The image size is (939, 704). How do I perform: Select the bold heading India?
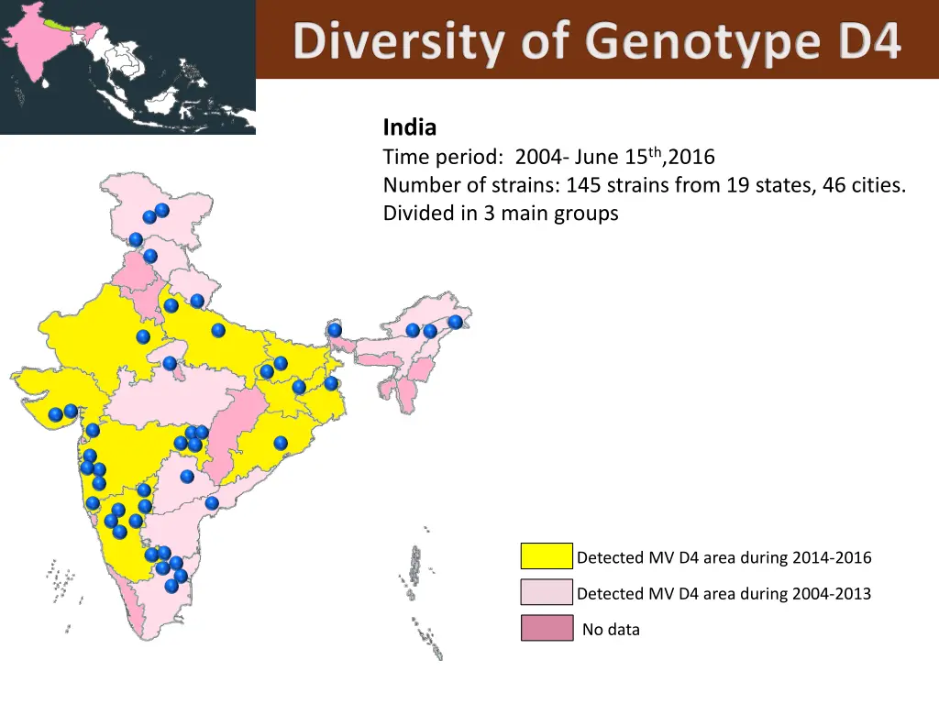(409, 126)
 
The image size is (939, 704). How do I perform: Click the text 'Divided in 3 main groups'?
(501, 214)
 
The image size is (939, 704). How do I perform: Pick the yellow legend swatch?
(547, 556)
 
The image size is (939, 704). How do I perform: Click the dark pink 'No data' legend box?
(547, 629)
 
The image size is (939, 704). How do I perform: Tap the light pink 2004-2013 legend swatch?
(547, 593)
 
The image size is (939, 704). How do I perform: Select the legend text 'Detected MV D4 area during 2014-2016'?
(724, 557)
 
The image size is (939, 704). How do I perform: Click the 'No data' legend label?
(611, 630)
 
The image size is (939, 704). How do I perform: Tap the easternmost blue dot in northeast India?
(455, 322)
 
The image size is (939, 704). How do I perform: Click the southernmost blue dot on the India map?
(171, 586)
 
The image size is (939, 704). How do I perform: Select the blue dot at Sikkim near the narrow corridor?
(335, 330)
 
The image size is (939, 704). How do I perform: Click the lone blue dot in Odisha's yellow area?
(281, 443)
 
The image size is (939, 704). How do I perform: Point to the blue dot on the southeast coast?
(212, 503)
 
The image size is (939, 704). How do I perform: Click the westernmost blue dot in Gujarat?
(56, 414)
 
